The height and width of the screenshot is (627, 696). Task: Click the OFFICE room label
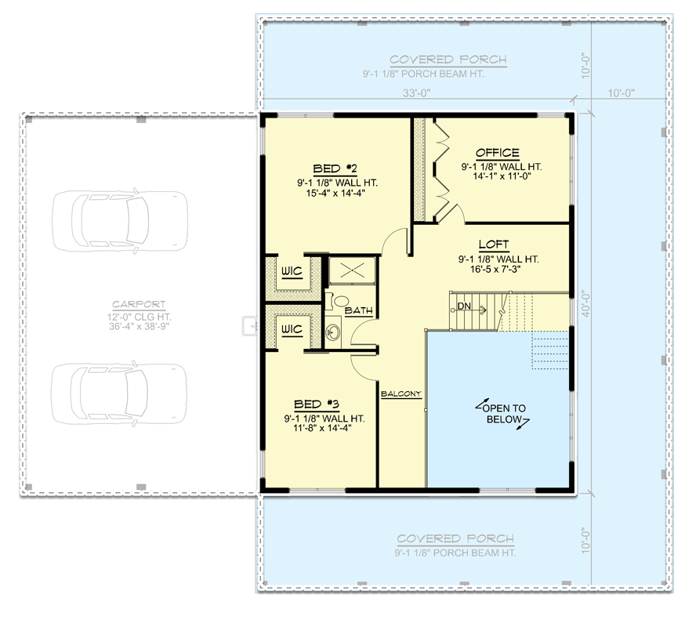pyautogui.click(x=497, y=153)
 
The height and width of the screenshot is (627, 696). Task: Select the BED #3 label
pyautogui.click(x=316, y=404)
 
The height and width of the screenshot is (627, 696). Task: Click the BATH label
pyautogui.click(x=358, y=311)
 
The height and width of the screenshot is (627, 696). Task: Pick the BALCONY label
pyautogui.click(x=401, y=393)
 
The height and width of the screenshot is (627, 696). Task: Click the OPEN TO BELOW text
pyautogui.click(x=503, y=413)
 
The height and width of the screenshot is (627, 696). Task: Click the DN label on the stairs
pyautogui.click(x=463, y=306)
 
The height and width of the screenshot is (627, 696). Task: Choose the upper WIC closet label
pyautogui.click(x=292, y=273)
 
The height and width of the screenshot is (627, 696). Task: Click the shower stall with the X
pyautogui.click(x=351, y=270)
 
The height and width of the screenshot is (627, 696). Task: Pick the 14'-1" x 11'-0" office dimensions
pyautogui.click(x=499, y=178)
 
